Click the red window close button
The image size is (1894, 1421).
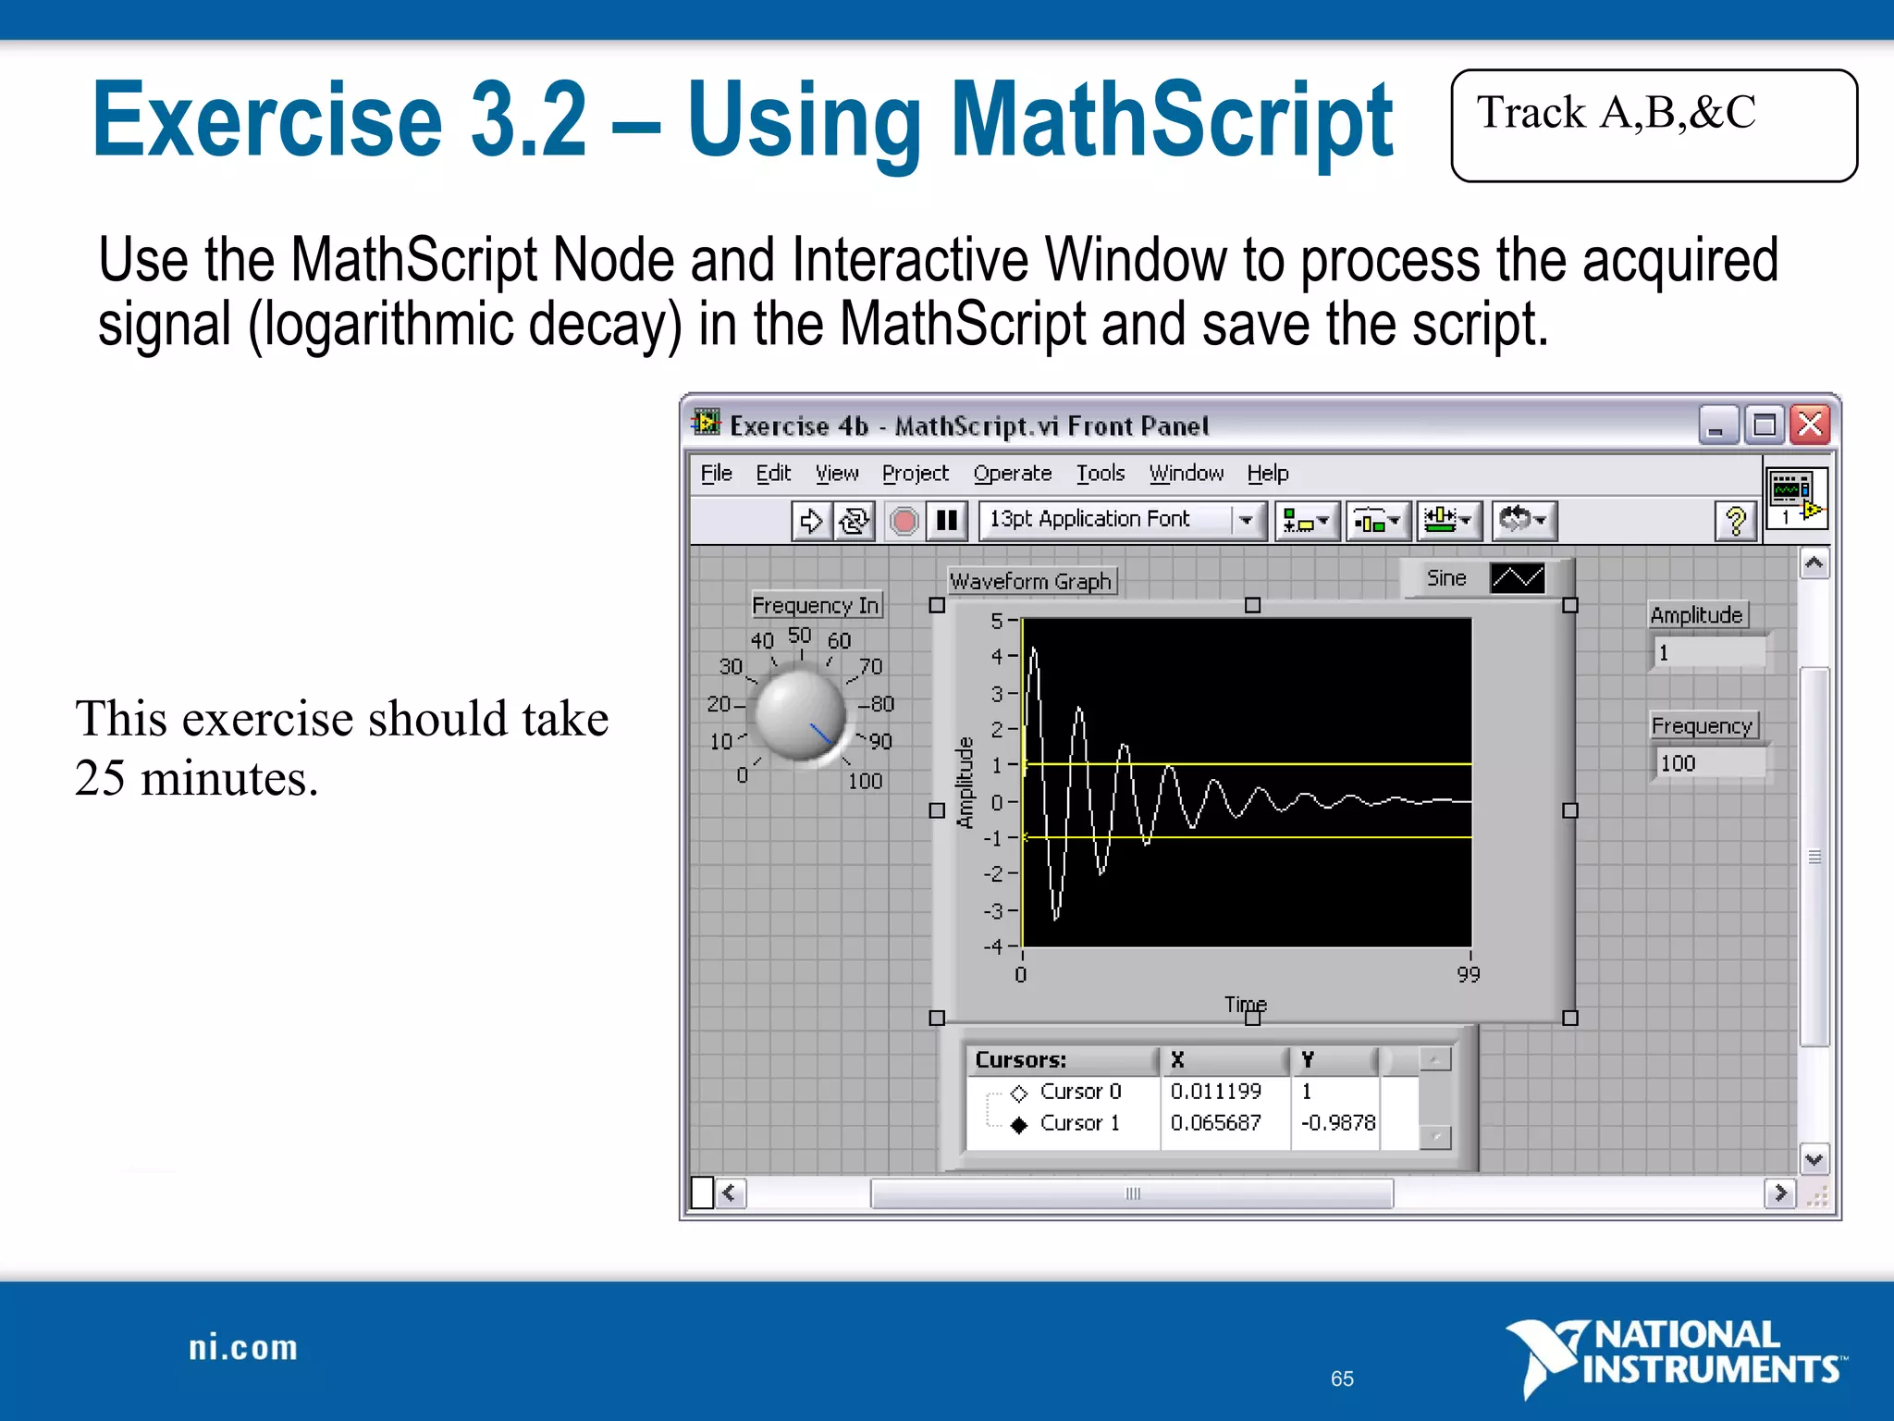(x=1810, y=426)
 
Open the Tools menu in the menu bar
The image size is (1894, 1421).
(x=1100, y=474)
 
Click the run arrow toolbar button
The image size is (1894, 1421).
(x=811, y=521)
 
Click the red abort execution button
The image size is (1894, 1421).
(x=904, y=521)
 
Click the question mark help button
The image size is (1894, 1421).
(x=1735, y=521)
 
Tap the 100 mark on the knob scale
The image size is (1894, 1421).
(x=865, y=782)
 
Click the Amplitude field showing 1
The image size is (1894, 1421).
(x=1708, y=653)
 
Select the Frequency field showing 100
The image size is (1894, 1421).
(x=1708, y=764)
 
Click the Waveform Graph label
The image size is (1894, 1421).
(x=1030, y=582)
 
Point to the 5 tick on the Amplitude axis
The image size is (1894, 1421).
(x=997, y=621)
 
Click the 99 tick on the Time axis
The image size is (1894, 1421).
(x=1468, y=974)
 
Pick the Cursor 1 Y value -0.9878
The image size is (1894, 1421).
(x=1337, y=1123)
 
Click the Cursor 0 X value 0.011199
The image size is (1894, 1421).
(x=1215, y=1092)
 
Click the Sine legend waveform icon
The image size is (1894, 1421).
(x=1517, y=578)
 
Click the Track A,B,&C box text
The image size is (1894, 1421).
(x=1616, y=114)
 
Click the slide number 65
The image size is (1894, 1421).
(x=1342, y=1378)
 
